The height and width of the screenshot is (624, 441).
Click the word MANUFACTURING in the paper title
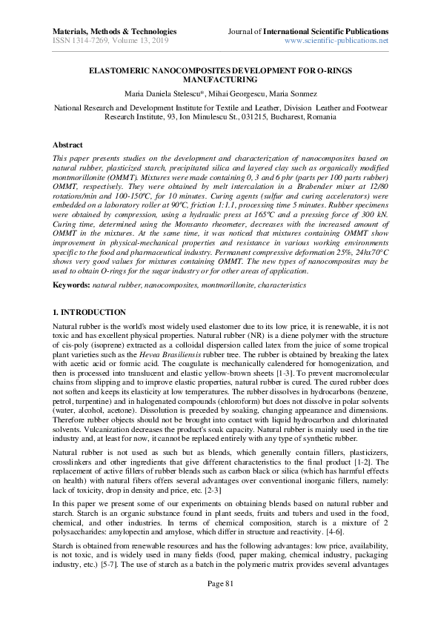[220, 79]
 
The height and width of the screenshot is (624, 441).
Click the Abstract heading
[68, 145]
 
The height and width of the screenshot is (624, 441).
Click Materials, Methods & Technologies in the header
[115, 32]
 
